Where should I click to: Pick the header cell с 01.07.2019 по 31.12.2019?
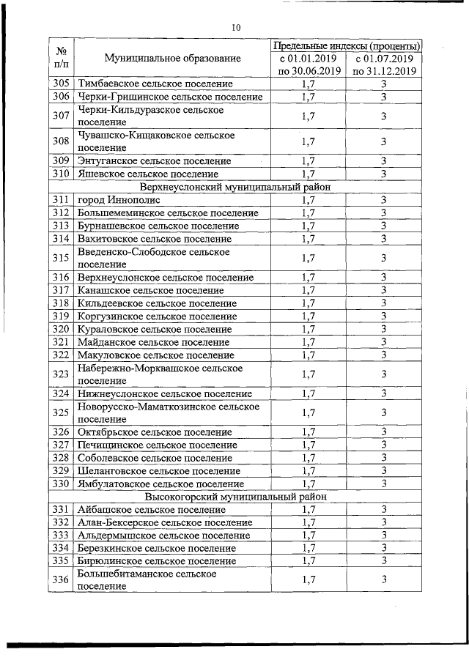pos(384,64)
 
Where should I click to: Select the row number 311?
pos(62,199)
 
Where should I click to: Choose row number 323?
pos(62,374)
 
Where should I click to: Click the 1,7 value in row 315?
pos(309,258)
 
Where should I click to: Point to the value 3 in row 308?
pos(384,141)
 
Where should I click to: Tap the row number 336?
pos(62,580)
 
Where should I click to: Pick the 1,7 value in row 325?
pos(309,412)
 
